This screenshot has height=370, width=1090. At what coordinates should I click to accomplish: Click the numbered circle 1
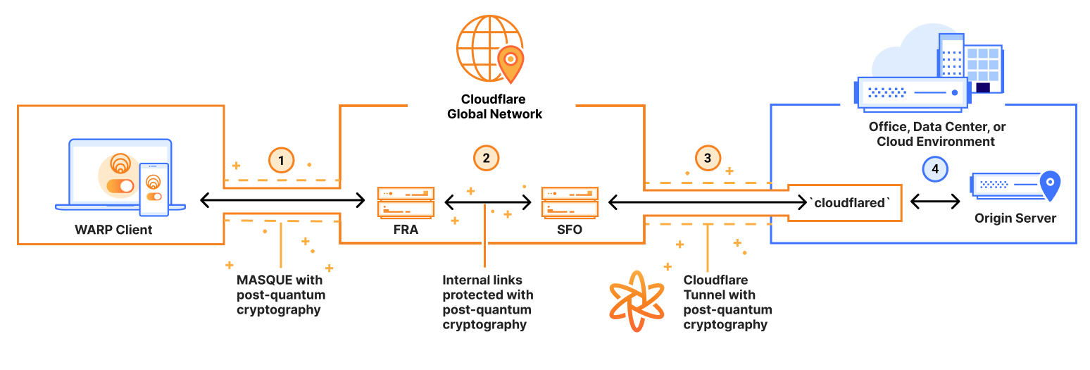point(282,161)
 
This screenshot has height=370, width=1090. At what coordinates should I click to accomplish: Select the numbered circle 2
point(486,158)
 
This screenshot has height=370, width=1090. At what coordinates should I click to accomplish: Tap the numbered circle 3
point(708,158)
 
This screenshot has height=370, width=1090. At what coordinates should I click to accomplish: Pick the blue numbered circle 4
point(935,169)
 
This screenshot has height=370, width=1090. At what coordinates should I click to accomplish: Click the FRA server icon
point(406,202)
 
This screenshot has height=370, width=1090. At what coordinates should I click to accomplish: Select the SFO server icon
point(570,202)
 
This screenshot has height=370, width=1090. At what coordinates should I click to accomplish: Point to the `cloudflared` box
point(845,203)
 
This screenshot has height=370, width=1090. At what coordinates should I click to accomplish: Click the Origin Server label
point(1015,218)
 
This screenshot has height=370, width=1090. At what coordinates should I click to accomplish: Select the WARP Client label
point(113,230)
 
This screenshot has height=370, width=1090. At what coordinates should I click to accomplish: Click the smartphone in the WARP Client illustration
point(154,189)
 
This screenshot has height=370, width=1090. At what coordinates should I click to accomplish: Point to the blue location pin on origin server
point(1050,185)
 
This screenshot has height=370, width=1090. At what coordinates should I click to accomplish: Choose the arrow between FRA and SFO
point(487,203)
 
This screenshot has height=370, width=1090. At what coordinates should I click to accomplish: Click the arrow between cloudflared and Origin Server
point(935,202)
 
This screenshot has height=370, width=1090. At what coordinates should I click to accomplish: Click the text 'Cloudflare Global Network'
point(494,106)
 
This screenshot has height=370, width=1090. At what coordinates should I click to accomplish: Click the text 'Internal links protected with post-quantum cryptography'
point(487,302)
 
